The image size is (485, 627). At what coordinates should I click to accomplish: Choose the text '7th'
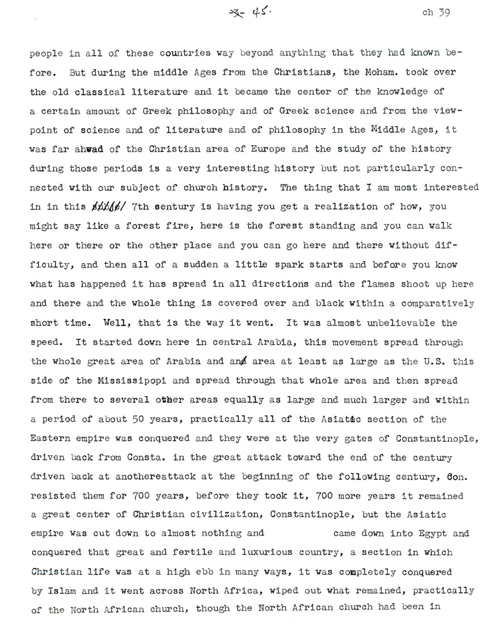tap(141, 191)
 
